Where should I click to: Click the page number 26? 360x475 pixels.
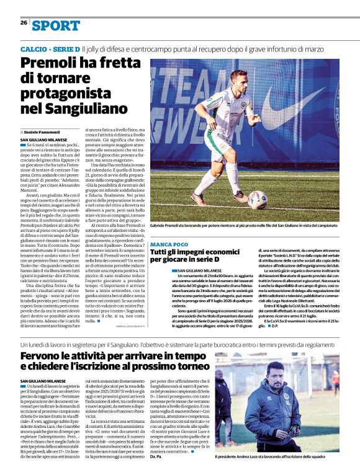tap(24, 22)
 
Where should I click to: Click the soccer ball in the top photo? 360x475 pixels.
tap(257, 200)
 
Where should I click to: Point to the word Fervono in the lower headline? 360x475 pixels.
tap(43, 355)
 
